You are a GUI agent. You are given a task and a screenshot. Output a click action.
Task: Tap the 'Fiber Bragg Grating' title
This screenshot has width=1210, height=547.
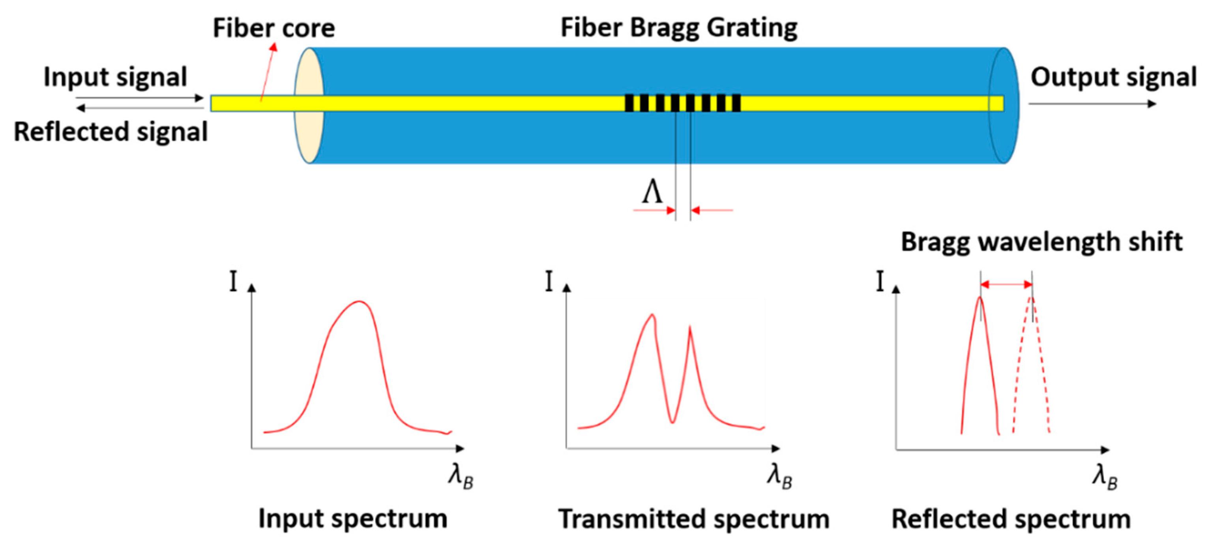coord(679,28)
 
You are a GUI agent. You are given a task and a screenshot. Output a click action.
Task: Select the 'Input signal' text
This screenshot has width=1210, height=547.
coord(115,77)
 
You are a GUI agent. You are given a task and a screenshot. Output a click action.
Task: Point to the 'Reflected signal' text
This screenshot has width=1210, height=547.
coord(111,131)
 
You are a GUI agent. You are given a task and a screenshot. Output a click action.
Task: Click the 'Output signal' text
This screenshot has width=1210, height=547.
coord(1113,77)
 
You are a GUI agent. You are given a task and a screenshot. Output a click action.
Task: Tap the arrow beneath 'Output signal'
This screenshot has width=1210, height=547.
coord(1092,103)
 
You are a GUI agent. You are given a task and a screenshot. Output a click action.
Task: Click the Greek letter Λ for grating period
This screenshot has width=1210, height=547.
coord(652,192)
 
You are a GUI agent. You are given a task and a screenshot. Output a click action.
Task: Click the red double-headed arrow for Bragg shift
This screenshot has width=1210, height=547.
coord(1006,284)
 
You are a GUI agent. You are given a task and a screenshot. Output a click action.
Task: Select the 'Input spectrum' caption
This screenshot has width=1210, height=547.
coord(353,519)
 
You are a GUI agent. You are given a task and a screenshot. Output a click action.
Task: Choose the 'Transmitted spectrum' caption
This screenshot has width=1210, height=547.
coord(694,519)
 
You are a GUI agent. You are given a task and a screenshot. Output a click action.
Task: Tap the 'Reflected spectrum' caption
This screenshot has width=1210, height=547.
coord(1011,519)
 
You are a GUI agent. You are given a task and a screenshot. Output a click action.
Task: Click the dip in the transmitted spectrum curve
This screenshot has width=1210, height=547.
coord(672,421)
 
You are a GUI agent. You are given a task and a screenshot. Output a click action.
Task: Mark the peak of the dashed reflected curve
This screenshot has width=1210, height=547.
coord(1032,298)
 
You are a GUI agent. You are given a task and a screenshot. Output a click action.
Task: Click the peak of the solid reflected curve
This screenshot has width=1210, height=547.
coord(980,298)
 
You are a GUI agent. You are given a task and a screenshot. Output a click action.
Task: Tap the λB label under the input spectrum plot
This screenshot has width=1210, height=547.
coord(460,478)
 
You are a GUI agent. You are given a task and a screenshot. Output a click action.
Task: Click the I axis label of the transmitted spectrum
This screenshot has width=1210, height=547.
coord(549,281)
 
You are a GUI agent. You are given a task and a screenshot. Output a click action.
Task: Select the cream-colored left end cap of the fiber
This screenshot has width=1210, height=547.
coord(309,105)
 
